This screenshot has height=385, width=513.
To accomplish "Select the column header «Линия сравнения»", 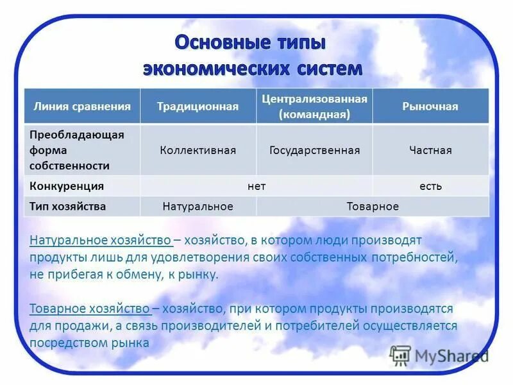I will pyautogui.click(x=82, y=107).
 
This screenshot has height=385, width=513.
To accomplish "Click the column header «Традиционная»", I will pyautogui.click(x=198, y=107).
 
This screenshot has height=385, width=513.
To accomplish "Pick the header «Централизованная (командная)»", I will pyautogui.click(x=314, y=107).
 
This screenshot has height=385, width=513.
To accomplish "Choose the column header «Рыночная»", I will pyautogui.click(x=430, y=107).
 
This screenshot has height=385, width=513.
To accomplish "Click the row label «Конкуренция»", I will pyautogui.click(x=67, y=187).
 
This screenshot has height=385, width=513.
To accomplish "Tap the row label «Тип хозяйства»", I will pyautogui.click(x=68, y=207).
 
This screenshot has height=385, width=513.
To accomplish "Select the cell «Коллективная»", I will pyautogui.click(x=198, y=150).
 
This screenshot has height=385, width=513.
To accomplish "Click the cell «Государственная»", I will pyautogui.click(x=314, y=150).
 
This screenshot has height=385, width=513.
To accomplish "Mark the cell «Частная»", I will pyautogui.click(x=430, y=150).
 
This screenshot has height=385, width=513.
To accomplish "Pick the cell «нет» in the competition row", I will pyautogui.click(x=256, y=187).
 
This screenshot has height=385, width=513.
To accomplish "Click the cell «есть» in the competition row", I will pyautogui.click(x=430, y=187).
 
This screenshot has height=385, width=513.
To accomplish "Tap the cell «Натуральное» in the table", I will pyautogui.click(x=198, y=207).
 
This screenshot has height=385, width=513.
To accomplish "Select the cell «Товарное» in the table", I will pyautogui.click(x=373, y=207).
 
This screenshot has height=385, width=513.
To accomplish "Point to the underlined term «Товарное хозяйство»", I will pyautogui.click(x=90, y=309).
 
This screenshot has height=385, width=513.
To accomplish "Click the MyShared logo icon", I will pyautogui.click(x=400, y=355).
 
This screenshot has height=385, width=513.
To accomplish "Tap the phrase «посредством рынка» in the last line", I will pyautogui.click(x=89, y=343).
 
